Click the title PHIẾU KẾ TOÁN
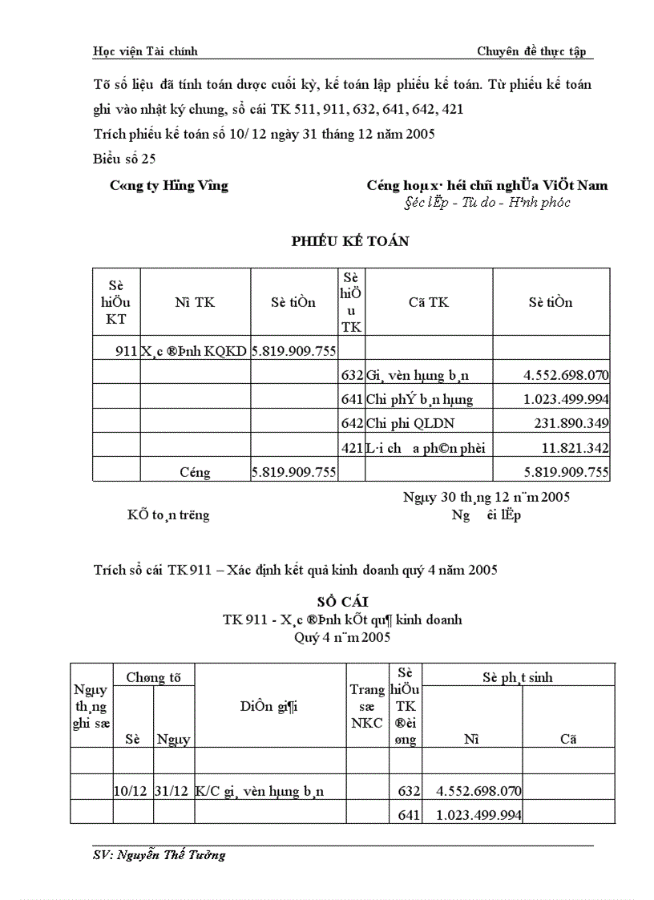click(350, 241)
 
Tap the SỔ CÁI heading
click(342, 602)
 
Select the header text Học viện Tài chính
click(145, 51)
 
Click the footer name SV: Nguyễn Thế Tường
click(159, 854)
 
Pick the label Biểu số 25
click(124, 158)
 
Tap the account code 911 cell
click(127, 350)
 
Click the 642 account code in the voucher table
click(352, 422)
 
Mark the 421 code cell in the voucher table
click(352, 447)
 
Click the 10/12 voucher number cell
click(131, 791)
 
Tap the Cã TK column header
click(428, 302)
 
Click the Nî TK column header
click(195, 302)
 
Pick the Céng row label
click(195, 472)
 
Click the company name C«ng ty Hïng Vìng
click(169, 185)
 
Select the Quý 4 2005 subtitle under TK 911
click(342, 637)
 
